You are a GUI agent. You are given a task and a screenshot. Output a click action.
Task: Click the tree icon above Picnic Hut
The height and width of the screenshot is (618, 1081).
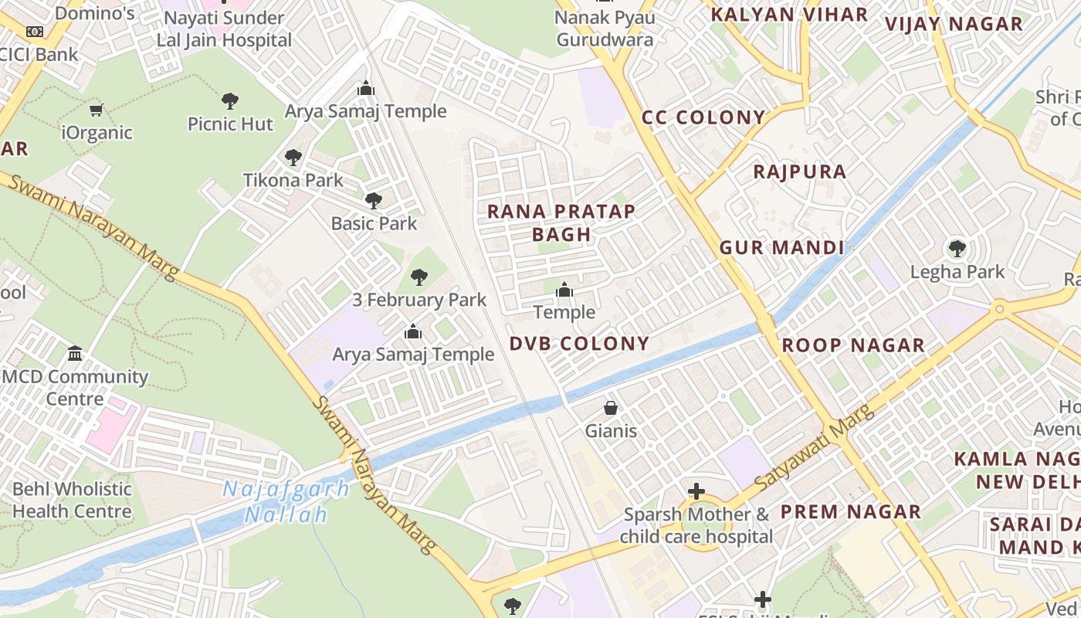point(229,100)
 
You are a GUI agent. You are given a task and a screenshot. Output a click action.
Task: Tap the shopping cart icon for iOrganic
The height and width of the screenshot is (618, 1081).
point(97,110)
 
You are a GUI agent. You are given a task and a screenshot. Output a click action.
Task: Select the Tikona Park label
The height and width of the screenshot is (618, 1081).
point(293,180)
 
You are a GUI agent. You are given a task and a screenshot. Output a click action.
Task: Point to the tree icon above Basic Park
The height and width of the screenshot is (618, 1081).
point(374,201)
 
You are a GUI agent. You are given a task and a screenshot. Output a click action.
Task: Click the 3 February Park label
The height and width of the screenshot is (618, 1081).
point(419,300)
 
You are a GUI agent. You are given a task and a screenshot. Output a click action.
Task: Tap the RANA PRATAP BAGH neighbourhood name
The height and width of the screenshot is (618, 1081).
point(561,222)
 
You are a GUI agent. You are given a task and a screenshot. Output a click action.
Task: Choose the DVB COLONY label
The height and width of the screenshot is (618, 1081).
point(579,344)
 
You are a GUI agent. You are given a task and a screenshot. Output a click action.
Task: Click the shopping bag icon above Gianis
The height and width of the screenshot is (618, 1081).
point(611,407)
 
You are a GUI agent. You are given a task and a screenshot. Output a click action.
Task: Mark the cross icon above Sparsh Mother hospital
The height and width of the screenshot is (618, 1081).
point(696,491)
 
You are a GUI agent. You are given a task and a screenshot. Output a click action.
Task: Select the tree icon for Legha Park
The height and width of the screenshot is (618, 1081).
point(957,249)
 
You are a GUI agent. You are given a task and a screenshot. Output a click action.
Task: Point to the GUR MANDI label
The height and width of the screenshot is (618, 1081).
point(781,248)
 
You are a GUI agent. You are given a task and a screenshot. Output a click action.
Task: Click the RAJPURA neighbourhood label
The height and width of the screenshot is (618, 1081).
point(800,171)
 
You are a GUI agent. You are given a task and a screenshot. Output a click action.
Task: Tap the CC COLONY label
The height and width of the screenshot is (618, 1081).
point(703,117)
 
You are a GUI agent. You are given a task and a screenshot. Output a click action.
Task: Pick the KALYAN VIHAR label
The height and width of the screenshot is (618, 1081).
point(789,15)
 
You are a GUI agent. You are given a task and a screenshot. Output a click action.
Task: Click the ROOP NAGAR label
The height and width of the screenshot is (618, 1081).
point(853,345)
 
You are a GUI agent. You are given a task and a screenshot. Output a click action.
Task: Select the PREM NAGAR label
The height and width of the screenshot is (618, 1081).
point(850,511)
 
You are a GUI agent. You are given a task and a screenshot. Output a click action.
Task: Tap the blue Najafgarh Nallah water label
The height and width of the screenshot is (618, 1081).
point(286,501)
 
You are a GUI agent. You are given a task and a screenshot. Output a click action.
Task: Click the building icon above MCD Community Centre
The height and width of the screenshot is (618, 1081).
point(75,353)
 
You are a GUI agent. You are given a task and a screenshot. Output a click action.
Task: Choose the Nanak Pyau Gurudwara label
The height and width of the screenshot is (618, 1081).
point(605,29)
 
